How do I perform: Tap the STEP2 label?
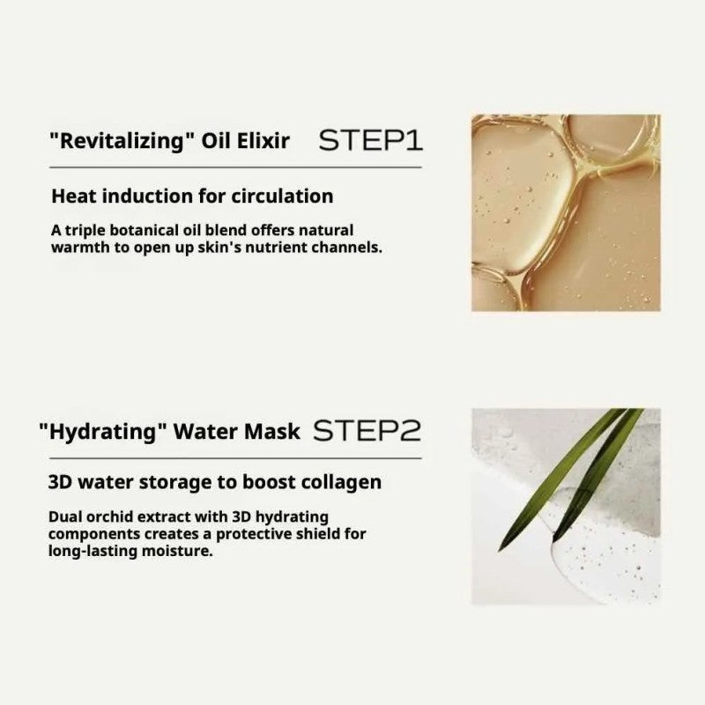pos(367,431)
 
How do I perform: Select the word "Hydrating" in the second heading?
pos(103,433)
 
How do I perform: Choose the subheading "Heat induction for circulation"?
pos(192,196)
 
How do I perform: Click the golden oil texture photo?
pos(565,212)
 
